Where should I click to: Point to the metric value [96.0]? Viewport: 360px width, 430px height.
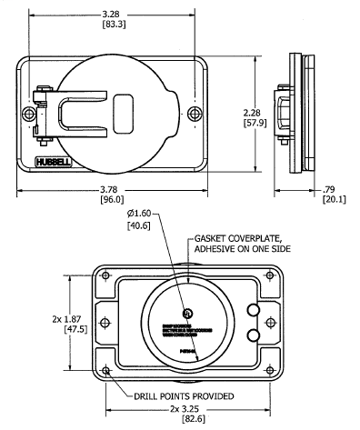click(112, 201)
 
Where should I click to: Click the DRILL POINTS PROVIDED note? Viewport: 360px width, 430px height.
click(176, 395)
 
